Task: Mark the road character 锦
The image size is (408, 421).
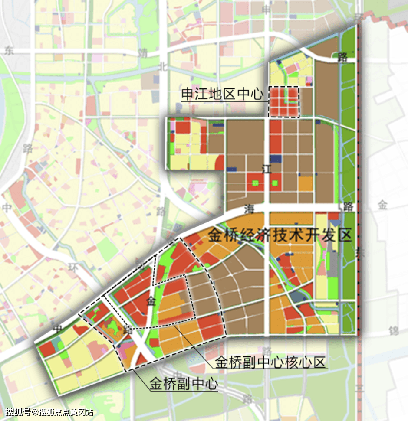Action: coord(394,332)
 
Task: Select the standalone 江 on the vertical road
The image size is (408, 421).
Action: coord(267,170)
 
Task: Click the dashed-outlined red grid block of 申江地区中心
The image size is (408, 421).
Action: coord(284,102)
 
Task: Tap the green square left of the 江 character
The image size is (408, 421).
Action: coord(255,183)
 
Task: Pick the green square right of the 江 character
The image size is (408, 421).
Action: coord(275,183)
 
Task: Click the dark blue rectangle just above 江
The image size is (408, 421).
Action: coord(276,159)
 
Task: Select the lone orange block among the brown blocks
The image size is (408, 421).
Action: coord(306,184)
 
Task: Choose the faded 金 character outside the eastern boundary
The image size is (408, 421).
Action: coord(382,205)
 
